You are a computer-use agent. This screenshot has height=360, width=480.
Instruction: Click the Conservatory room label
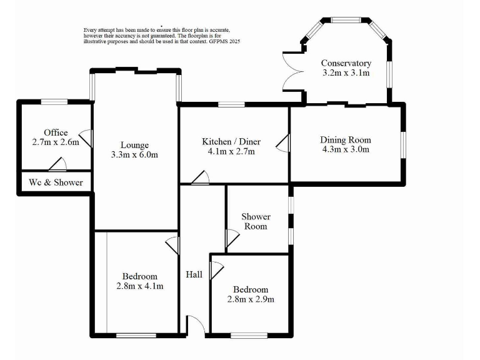point(346,63)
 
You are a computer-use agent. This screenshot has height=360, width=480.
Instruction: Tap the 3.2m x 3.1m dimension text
point(346,73)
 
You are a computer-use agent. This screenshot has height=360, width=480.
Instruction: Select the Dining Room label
point(346,139)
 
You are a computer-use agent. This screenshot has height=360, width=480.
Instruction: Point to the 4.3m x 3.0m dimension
point(346,149)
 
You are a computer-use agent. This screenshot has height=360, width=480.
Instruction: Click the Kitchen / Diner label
point(231,141)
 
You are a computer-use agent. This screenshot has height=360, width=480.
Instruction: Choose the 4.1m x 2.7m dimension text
point(231,151)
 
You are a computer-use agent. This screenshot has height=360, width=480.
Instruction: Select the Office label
point(56,132)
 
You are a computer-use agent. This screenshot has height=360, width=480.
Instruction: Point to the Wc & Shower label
point(56,182)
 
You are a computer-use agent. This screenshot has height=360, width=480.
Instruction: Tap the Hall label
point(194,274)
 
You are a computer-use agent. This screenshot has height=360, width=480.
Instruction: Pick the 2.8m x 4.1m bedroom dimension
point(139,286)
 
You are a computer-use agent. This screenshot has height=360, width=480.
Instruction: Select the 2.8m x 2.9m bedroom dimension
point(250,299)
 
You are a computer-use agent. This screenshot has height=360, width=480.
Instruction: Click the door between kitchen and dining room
point(284,143)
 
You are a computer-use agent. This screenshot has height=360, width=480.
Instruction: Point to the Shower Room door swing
point(231,238)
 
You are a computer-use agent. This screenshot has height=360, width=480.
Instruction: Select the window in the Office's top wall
point(54,101)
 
